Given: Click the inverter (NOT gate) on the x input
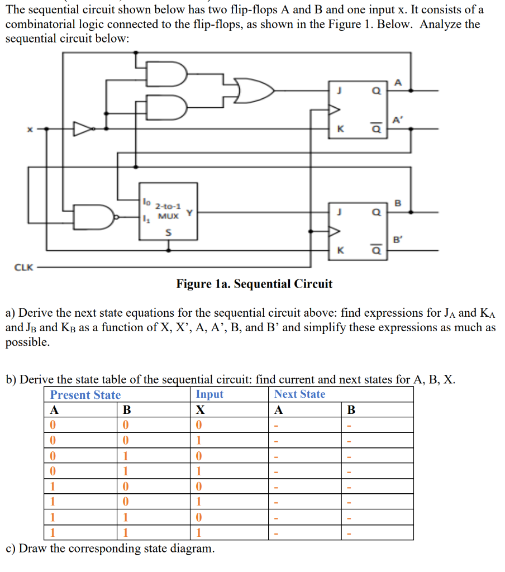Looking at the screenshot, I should (84, 129).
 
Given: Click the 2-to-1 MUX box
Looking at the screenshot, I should (168, 211).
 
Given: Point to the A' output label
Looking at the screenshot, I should (397, 120).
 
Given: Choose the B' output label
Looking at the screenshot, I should (397, 241).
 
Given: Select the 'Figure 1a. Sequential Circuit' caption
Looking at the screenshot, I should (254, 284).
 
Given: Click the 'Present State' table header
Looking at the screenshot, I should (85, 395).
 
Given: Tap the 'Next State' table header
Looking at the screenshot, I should (299, 394).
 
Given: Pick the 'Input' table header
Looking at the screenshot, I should (209, 394).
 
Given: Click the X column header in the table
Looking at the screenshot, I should (200, 410).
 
